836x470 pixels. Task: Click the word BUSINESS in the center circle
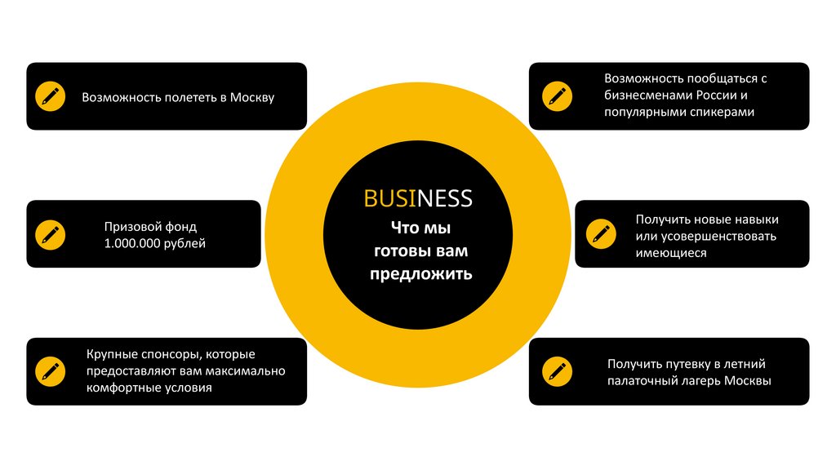[418, 198]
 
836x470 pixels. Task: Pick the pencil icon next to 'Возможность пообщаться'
[558, 95]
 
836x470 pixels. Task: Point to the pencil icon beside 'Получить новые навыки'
[602, 234]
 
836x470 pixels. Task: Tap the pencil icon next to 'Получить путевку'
[558, 371]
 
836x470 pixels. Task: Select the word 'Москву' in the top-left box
[252, 97]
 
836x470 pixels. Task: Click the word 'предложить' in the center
[420, 273]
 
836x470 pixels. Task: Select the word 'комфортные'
[119, 388]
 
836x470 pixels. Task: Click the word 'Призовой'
[127, 227]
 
